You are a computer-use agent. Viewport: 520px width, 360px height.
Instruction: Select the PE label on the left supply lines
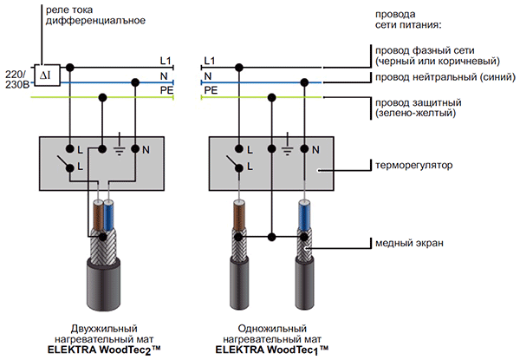point(166,89)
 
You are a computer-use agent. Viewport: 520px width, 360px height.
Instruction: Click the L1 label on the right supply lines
point(208,60)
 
